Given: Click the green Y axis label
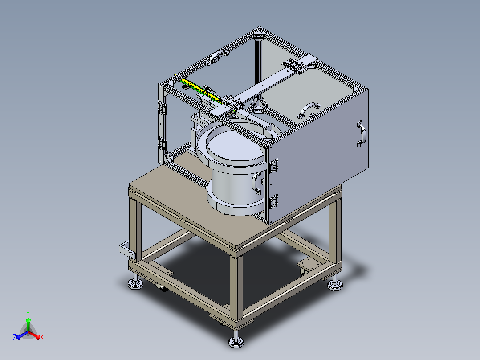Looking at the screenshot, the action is pyautogui.click(x=28, y=313).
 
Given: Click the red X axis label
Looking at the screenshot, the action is pyautogui.click(x=42, y=337).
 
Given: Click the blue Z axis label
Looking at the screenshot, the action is pyautogui.click(x=14, y=337).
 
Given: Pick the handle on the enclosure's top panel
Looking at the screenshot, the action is pyautogui.click(x=309, y=110).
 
